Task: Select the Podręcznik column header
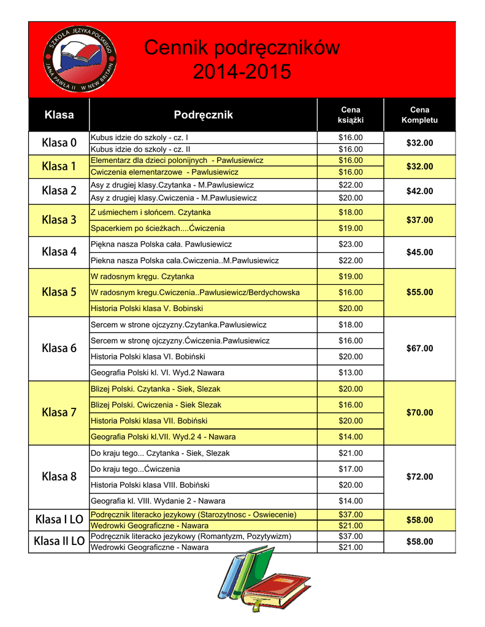[203, 115]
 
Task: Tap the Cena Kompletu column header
[419, 115]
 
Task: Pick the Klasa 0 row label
[59, 143]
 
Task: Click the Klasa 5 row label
[59, 292]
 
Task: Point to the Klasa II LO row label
[59, 541]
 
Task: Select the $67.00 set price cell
[419, 348]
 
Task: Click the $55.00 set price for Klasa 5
[419, 292]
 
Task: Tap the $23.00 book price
[351, 244]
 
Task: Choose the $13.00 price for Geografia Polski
[351, 372]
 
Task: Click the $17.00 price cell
[351, 469]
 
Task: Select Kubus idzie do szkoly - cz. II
[140, 149]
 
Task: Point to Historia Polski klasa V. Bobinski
[147, 308]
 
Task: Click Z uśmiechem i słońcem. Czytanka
[150, 212]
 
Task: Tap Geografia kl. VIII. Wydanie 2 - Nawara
[158, 500]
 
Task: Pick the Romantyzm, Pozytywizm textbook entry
[191, 536]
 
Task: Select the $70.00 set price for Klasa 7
[419, 413]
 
